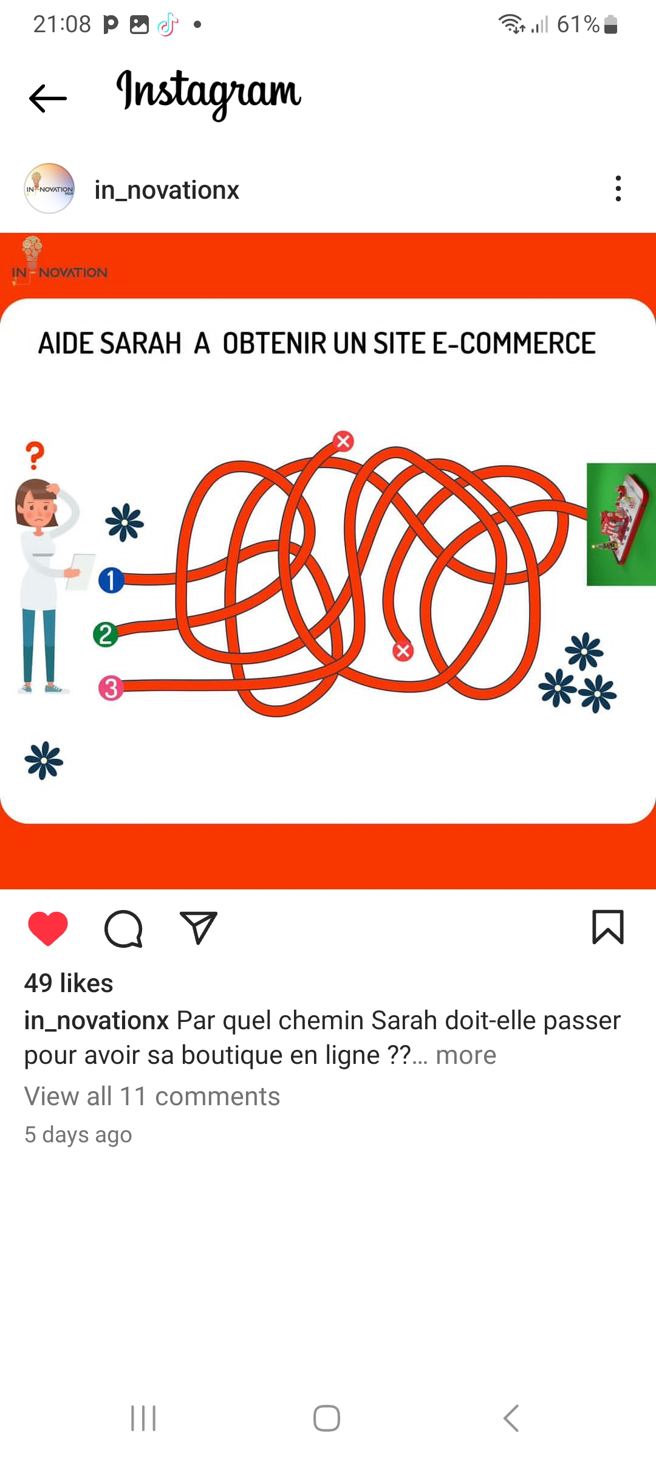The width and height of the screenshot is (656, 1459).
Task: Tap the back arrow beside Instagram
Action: point(48,98)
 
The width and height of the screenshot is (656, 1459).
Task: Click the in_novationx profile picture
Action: point(49,188)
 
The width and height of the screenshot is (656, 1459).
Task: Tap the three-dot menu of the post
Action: point(618,188)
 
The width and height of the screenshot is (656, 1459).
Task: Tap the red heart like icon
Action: point(48,928)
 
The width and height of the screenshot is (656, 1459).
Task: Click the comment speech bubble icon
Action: point(123,928)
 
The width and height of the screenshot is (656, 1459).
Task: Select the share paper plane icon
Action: point(199,927)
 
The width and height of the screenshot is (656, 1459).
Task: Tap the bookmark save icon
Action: point(608,927)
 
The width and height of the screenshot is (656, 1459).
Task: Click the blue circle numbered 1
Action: point(111,580)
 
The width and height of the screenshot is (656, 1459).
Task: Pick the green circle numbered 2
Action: point(106,634)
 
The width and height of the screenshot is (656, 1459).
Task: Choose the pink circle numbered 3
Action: point(111,689)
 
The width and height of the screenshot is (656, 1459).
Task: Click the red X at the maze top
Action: point(343,441)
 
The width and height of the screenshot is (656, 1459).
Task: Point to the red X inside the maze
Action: point(403,651)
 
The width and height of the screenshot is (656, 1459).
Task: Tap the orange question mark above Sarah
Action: point(35,455)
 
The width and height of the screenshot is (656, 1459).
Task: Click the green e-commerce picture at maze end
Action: point(621,525)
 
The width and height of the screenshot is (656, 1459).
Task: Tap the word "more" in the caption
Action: point(466,1055)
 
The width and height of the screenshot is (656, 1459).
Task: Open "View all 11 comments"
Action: point(152,1097)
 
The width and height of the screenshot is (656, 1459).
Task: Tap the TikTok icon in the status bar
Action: point(168,25)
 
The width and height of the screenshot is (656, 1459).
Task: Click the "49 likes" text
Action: point(69,983)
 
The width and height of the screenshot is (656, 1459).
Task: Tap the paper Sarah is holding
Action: point(81,571)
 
